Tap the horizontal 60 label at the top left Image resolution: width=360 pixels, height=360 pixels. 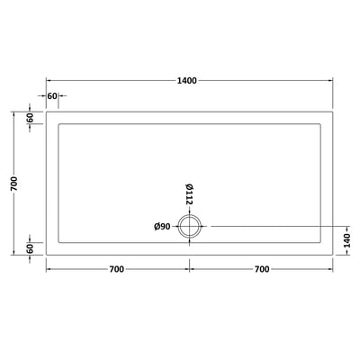coord(51,95)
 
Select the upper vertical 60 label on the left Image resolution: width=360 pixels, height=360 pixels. coord(29,117)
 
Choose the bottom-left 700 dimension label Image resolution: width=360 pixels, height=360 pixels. coord(117,269)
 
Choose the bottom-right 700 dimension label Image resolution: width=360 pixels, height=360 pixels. coord(261,269)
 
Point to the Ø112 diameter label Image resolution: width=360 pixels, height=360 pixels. coord(190,194)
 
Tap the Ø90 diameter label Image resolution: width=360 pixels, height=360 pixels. coord(163,225)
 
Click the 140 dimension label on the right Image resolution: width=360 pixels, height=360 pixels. coord(346,239)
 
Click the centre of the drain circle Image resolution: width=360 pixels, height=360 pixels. coord(190,226)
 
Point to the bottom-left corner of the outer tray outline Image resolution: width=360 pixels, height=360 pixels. coord(45,256)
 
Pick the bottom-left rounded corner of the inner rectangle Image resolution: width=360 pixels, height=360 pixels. coord(59,242)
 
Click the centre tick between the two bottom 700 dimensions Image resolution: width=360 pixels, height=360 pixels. coord(190,269)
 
